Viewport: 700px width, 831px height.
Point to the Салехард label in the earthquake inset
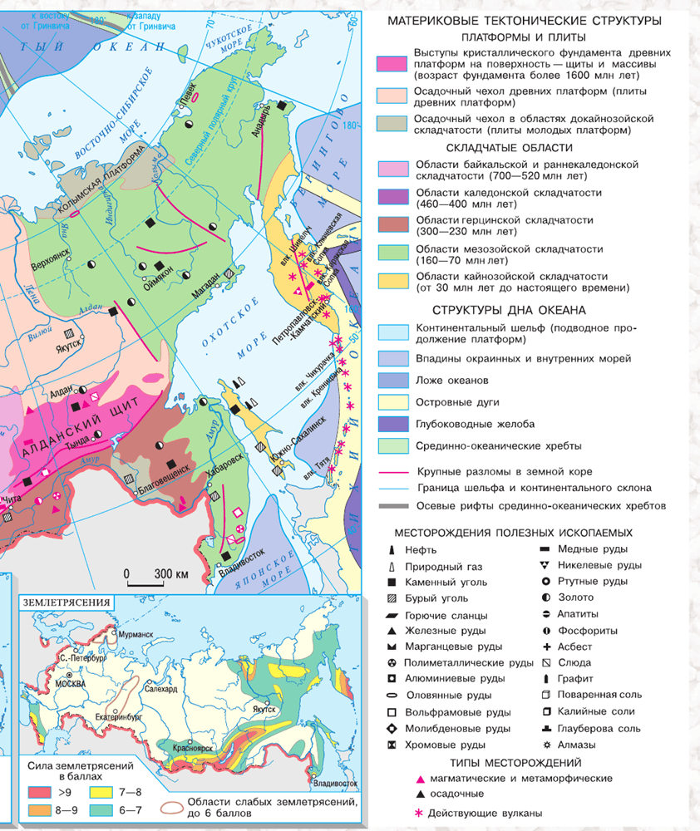[160, 688]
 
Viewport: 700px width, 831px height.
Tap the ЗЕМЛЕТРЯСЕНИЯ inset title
[70, 602]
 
